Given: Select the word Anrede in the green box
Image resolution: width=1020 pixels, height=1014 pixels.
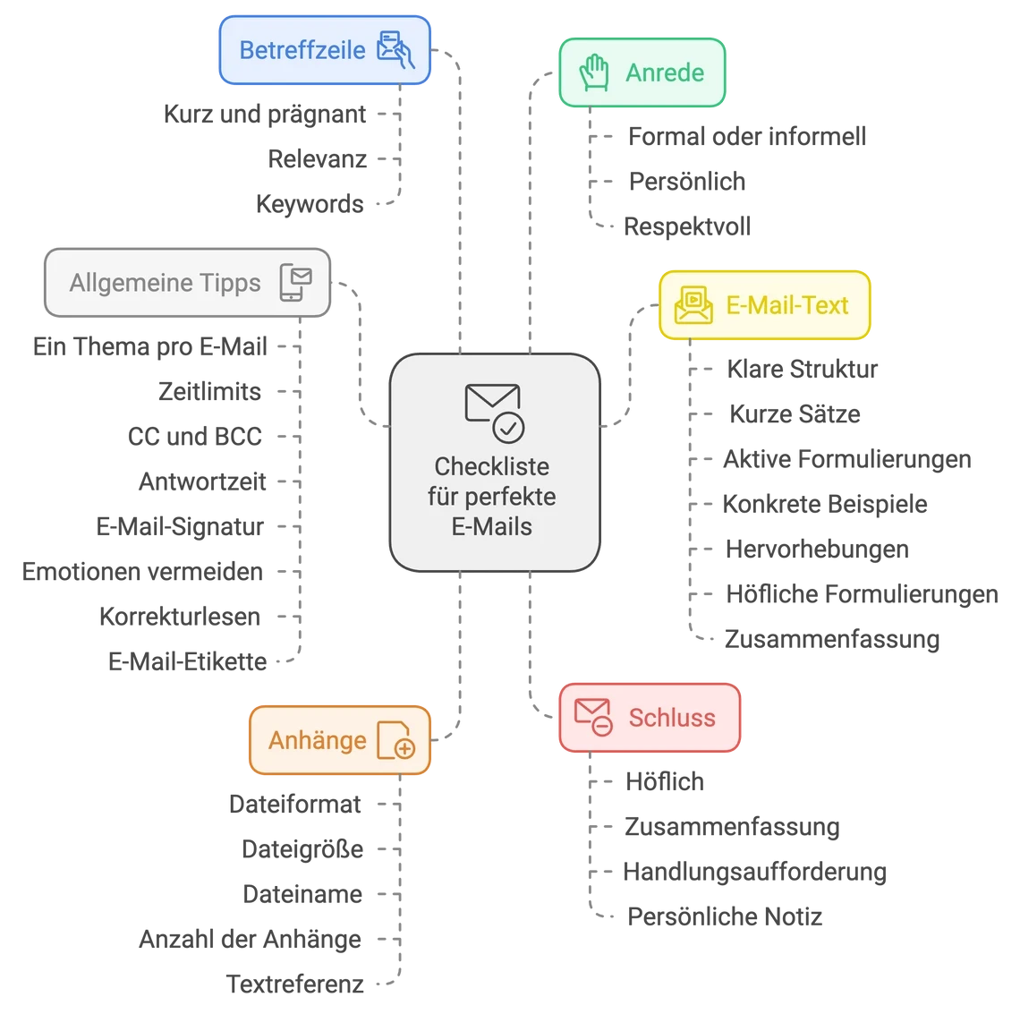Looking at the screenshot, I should click(665, 72).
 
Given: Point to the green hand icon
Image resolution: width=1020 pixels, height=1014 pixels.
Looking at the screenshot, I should click(593, 72).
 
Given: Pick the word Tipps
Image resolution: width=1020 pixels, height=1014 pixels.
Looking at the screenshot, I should click(231, 283).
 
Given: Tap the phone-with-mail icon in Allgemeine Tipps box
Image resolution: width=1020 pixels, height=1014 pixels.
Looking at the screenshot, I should click(296, 283).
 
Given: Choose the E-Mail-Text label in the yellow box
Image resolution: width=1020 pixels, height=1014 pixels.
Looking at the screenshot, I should click(787, 305).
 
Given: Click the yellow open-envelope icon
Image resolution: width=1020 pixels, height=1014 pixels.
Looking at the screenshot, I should click(694, 304).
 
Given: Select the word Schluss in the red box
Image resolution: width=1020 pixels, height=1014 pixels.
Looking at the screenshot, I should click(672, 718).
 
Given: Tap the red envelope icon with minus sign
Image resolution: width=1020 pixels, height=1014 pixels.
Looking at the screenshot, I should click(592, 718).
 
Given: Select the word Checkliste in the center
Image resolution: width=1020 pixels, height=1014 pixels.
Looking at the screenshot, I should click(492, 466).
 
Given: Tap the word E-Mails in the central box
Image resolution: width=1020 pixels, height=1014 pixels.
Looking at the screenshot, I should click(492, 526).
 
